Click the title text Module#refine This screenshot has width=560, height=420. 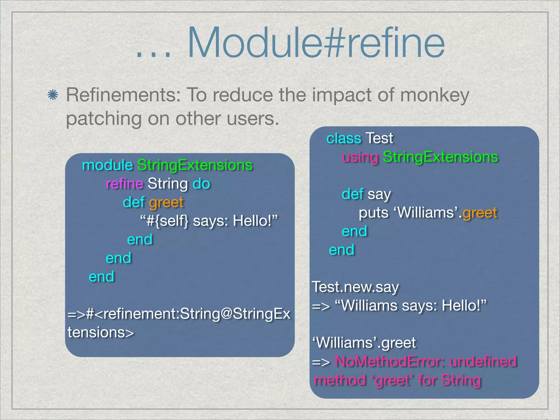point(316,43)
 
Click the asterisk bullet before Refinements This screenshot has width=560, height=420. point(52,95)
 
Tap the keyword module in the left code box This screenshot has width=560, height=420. point(107,165)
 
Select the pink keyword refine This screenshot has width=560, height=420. point(124,183)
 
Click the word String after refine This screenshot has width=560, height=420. point(168,183)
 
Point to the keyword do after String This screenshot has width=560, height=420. point(201,183)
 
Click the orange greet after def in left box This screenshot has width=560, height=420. point(166,202)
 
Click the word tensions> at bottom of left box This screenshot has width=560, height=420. point(101,332)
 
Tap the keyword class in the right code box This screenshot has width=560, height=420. point(344,138)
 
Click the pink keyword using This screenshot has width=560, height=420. point(360,157)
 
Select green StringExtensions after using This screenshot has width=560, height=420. point(440,157)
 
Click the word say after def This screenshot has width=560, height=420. point(379,194)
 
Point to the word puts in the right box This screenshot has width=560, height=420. point(374,213)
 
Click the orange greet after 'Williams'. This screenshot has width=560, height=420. point(480,213)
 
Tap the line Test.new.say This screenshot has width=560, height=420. point(355,287)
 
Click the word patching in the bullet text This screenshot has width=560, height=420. point(104,119)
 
